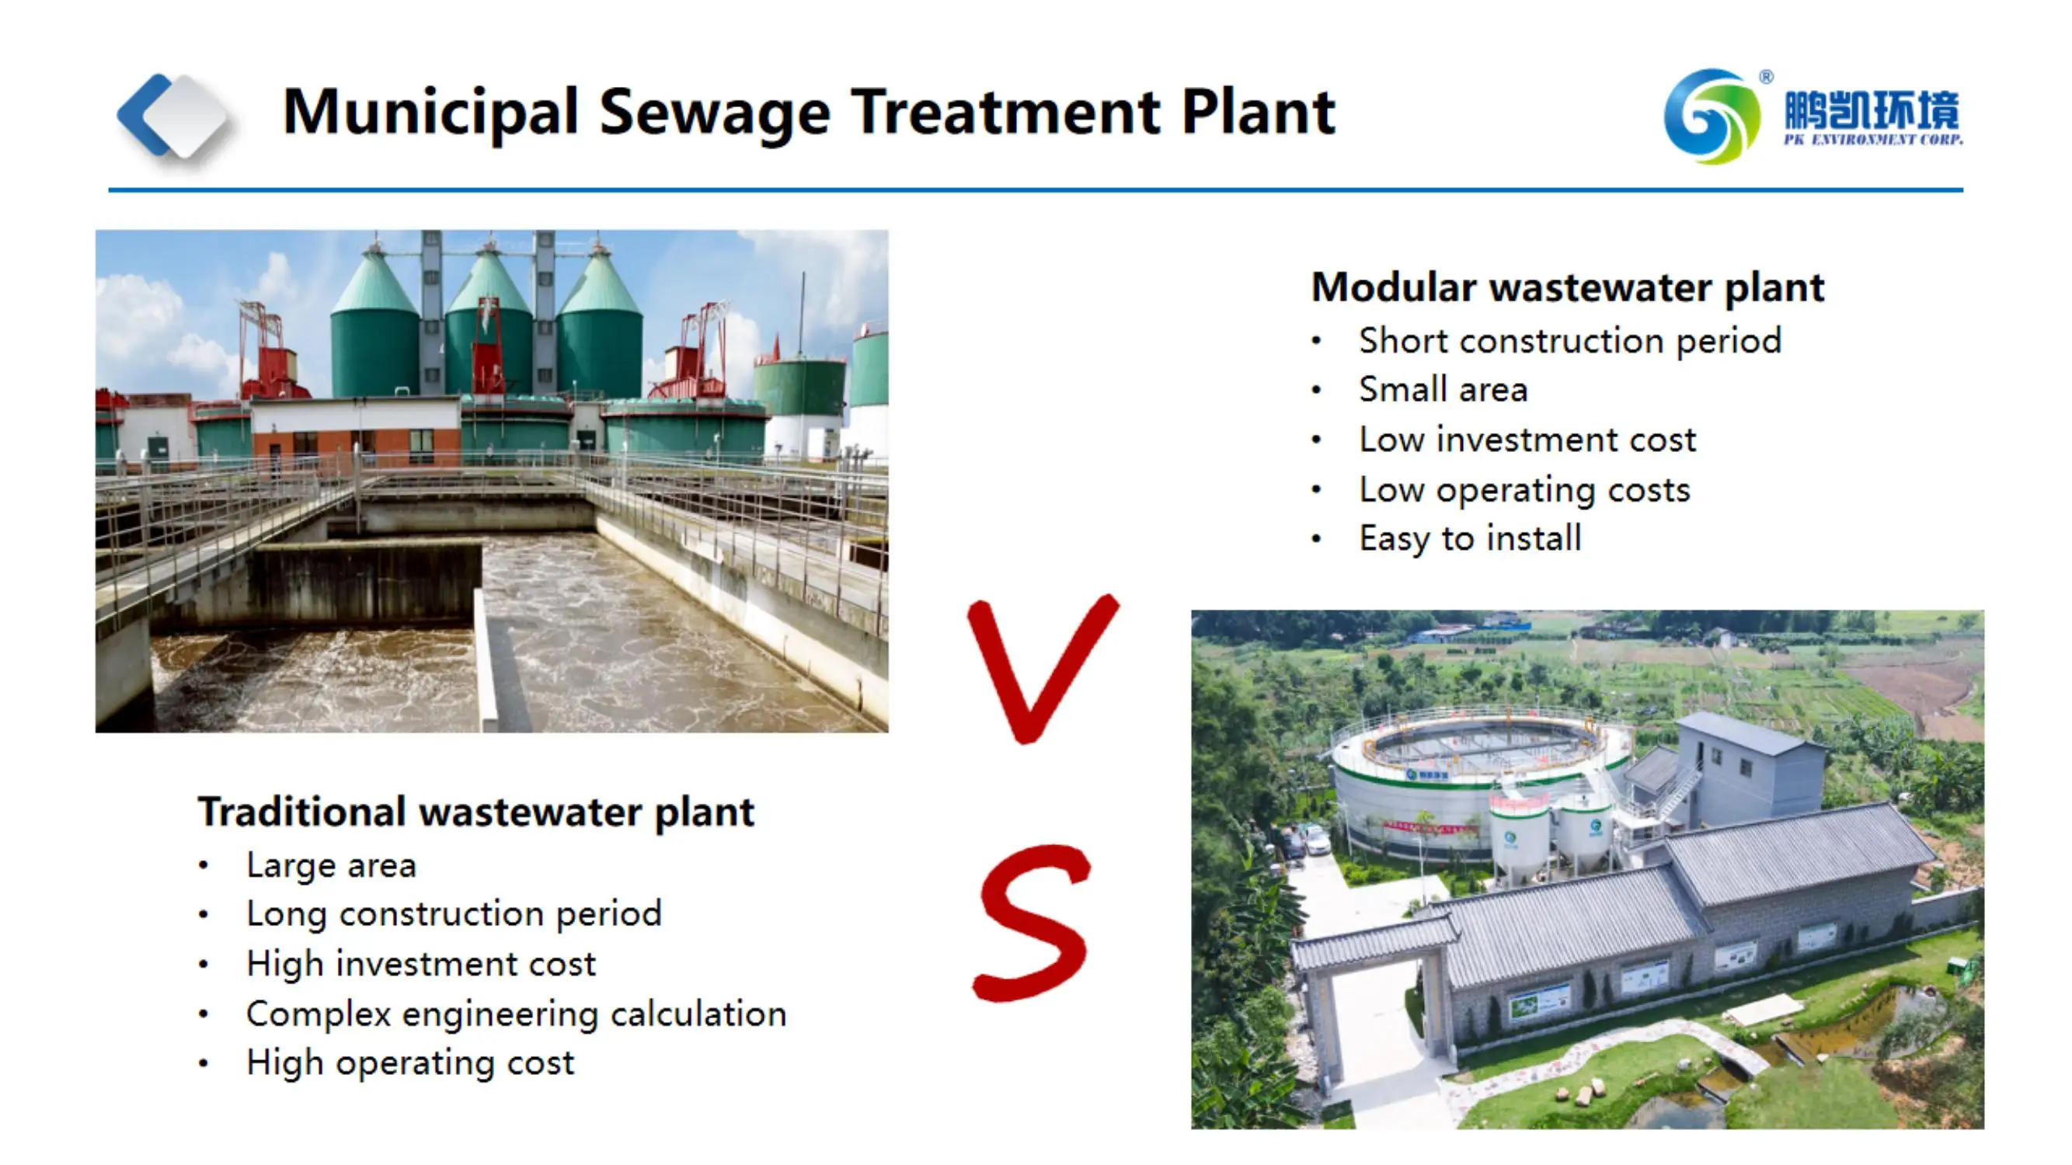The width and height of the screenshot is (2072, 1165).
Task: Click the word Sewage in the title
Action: tap(714, 113)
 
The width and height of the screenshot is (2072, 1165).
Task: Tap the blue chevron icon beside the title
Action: tap(146, 115)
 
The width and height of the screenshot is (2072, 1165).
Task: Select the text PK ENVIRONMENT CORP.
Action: tap(1872, 140)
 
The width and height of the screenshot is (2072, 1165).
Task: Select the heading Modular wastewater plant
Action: tap(1567, 287)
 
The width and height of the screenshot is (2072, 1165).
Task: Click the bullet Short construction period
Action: tap(1569, 341)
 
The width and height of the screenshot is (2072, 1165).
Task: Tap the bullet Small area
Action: tap(1443, 390)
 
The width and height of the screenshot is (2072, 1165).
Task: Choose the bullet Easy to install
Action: tap(1470, 538)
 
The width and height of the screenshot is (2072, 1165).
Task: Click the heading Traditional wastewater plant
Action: tap(475, 812)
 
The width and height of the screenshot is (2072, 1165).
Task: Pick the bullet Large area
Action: tap(331, 865)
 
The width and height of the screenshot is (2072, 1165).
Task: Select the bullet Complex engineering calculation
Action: tap(516, 1014)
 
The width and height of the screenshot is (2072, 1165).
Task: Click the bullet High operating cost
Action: tap(409, 1063)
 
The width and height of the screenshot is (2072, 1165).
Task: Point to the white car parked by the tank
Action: tap(1317, 842)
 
